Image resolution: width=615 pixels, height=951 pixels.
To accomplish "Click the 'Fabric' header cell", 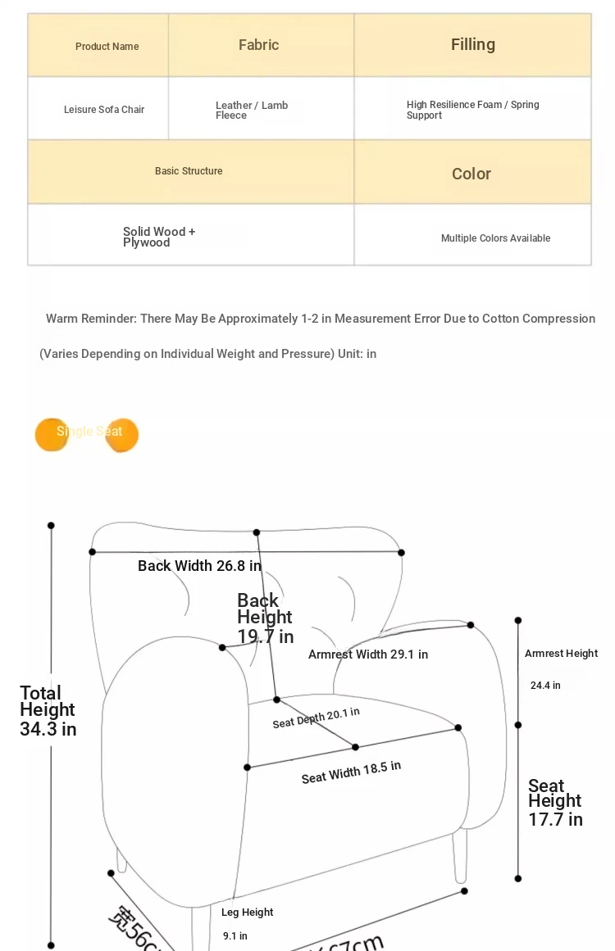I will (259, 45).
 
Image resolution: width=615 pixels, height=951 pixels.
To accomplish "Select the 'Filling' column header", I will (473, 44).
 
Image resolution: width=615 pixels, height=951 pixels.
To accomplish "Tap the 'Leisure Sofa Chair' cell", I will (104, 110).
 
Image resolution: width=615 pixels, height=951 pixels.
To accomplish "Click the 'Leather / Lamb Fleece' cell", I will (251, 111).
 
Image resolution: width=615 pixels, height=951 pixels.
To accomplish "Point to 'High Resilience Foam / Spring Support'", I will (472, 110).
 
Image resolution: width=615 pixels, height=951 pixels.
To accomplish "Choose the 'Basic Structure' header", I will (189, 171).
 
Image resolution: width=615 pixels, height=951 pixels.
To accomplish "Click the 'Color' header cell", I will (471, 174).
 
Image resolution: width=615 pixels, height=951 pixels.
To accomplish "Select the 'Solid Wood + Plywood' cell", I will (159, 237).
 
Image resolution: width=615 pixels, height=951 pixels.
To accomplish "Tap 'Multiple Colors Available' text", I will (495, 238).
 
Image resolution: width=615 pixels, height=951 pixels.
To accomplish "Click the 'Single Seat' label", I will (89, 432).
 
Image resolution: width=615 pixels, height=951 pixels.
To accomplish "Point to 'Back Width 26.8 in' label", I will (199, 566).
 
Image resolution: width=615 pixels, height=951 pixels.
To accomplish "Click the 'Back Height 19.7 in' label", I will (265, 618).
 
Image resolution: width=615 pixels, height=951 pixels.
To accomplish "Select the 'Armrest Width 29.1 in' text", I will (368, 654).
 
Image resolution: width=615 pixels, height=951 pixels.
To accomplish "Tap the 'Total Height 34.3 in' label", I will (48, 711).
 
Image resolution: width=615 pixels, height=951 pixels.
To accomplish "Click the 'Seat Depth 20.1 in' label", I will (316, 718).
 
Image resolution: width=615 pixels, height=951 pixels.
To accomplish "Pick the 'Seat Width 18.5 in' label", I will (351, 772).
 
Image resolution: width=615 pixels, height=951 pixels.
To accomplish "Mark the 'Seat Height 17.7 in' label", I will (555, 803).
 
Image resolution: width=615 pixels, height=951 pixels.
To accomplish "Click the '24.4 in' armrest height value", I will (545, 686).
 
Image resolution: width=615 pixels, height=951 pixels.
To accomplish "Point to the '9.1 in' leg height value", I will (235, 936).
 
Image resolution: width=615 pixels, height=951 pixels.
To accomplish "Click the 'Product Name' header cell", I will (107, 47).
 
